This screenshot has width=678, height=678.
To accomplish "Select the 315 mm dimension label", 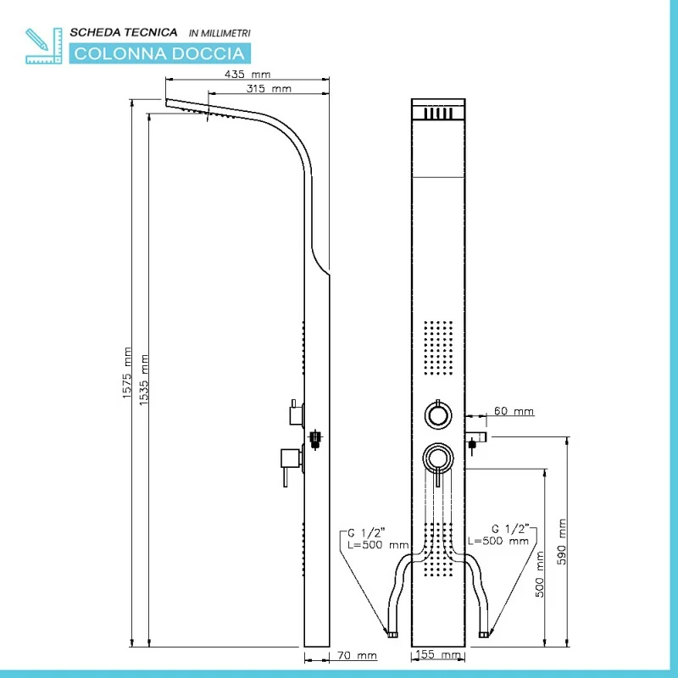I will pos(269,88).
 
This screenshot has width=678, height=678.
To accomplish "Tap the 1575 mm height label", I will pos(127,373).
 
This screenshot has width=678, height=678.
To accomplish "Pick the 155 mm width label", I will pos(439,655).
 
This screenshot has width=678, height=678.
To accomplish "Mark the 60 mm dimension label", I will pos(514,412).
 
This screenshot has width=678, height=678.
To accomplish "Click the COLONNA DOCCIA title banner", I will pos(140,53).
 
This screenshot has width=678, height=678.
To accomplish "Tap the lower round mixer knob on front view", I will pos(438,458).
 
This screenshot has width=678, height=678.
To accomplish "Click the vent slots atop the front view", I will pos(438,112).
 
